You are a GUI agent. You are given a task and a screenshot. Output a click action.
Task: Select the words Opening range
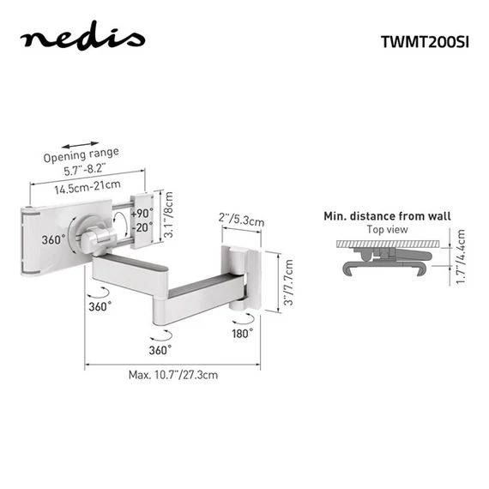click(83, 155)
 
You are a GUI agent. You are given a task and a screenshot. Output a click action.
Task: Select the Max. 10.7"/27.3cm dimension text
click(172, 375)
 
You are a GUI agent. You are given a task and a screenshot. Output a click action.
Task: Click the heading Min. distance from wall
click(386, 216)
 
